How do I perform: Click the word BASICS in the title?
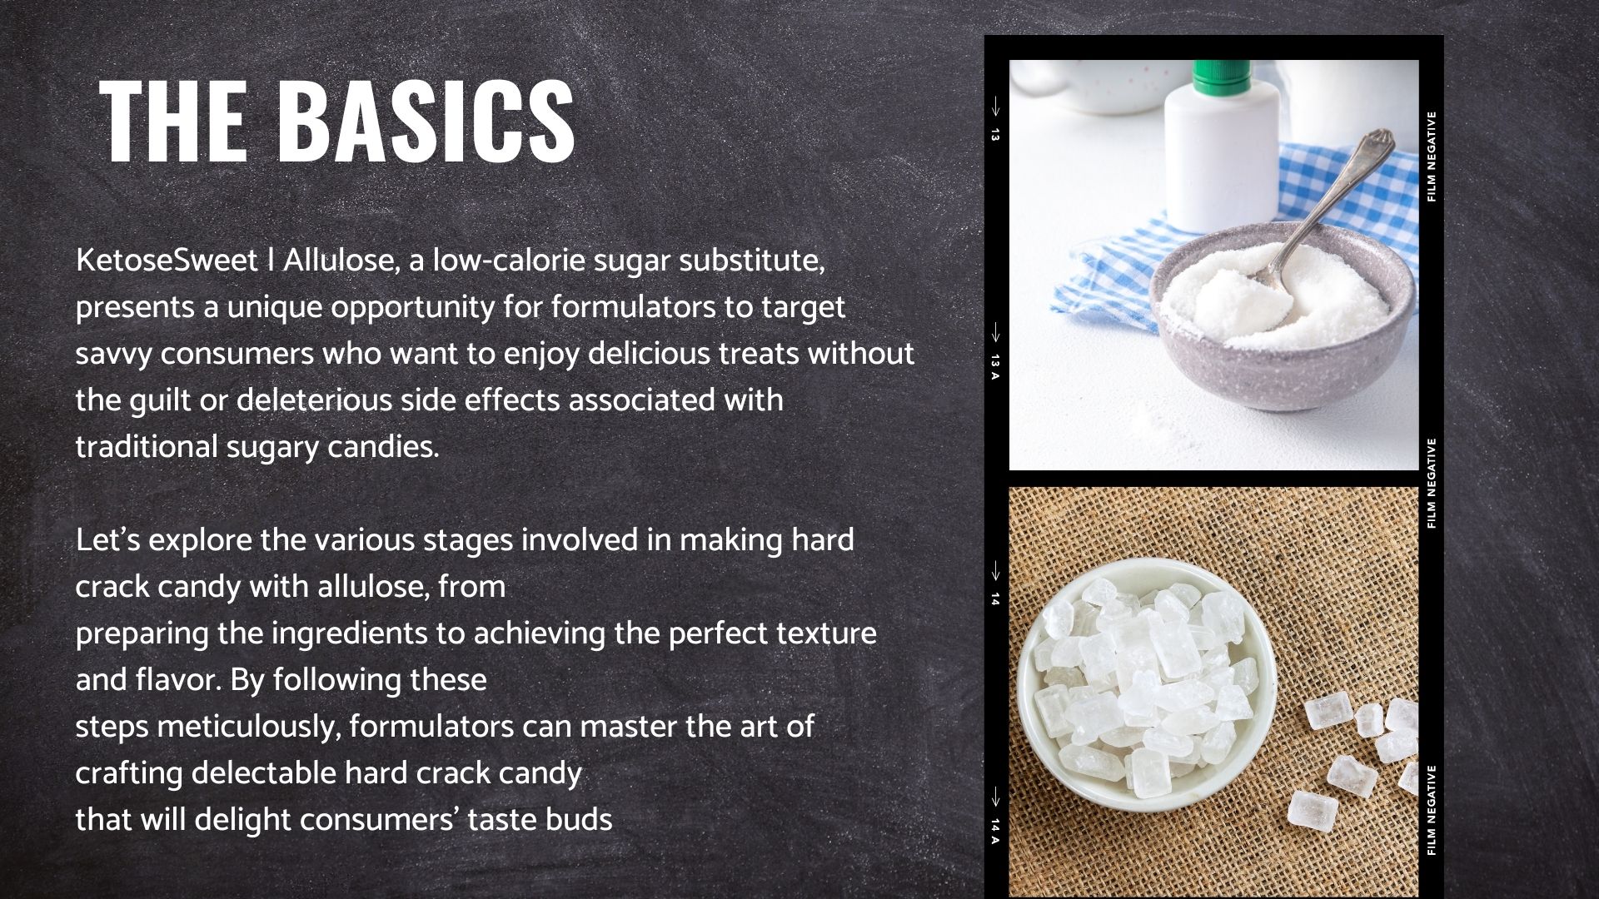(426, 121)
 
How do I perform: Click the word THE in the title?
(172, 121)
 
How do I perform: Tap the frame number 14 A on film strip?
(994, 831)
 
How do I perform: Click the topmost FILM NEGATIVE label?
(1432, 156)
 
